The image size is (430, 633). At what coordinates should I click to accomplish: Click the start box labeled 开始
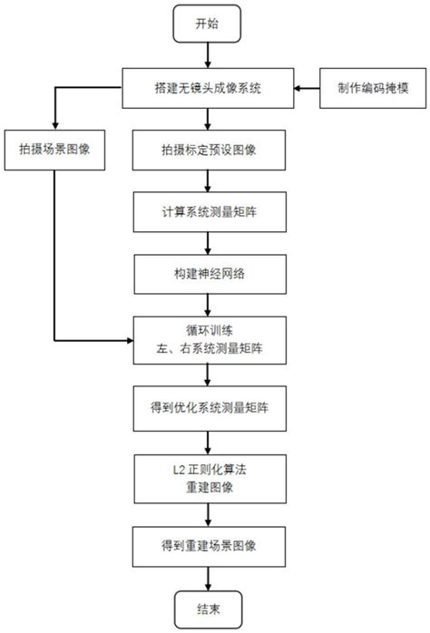208,24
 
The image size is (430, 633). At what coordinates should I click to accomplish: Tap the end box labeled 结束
208,609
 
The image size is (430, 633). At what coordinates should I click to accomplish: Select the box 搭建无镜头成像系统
208,89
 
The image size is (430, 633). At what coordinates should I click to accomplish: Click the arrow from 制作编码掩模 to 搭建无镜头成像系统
307,89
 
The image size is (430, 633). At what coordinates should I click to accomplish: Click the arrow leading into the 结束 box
208,577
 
